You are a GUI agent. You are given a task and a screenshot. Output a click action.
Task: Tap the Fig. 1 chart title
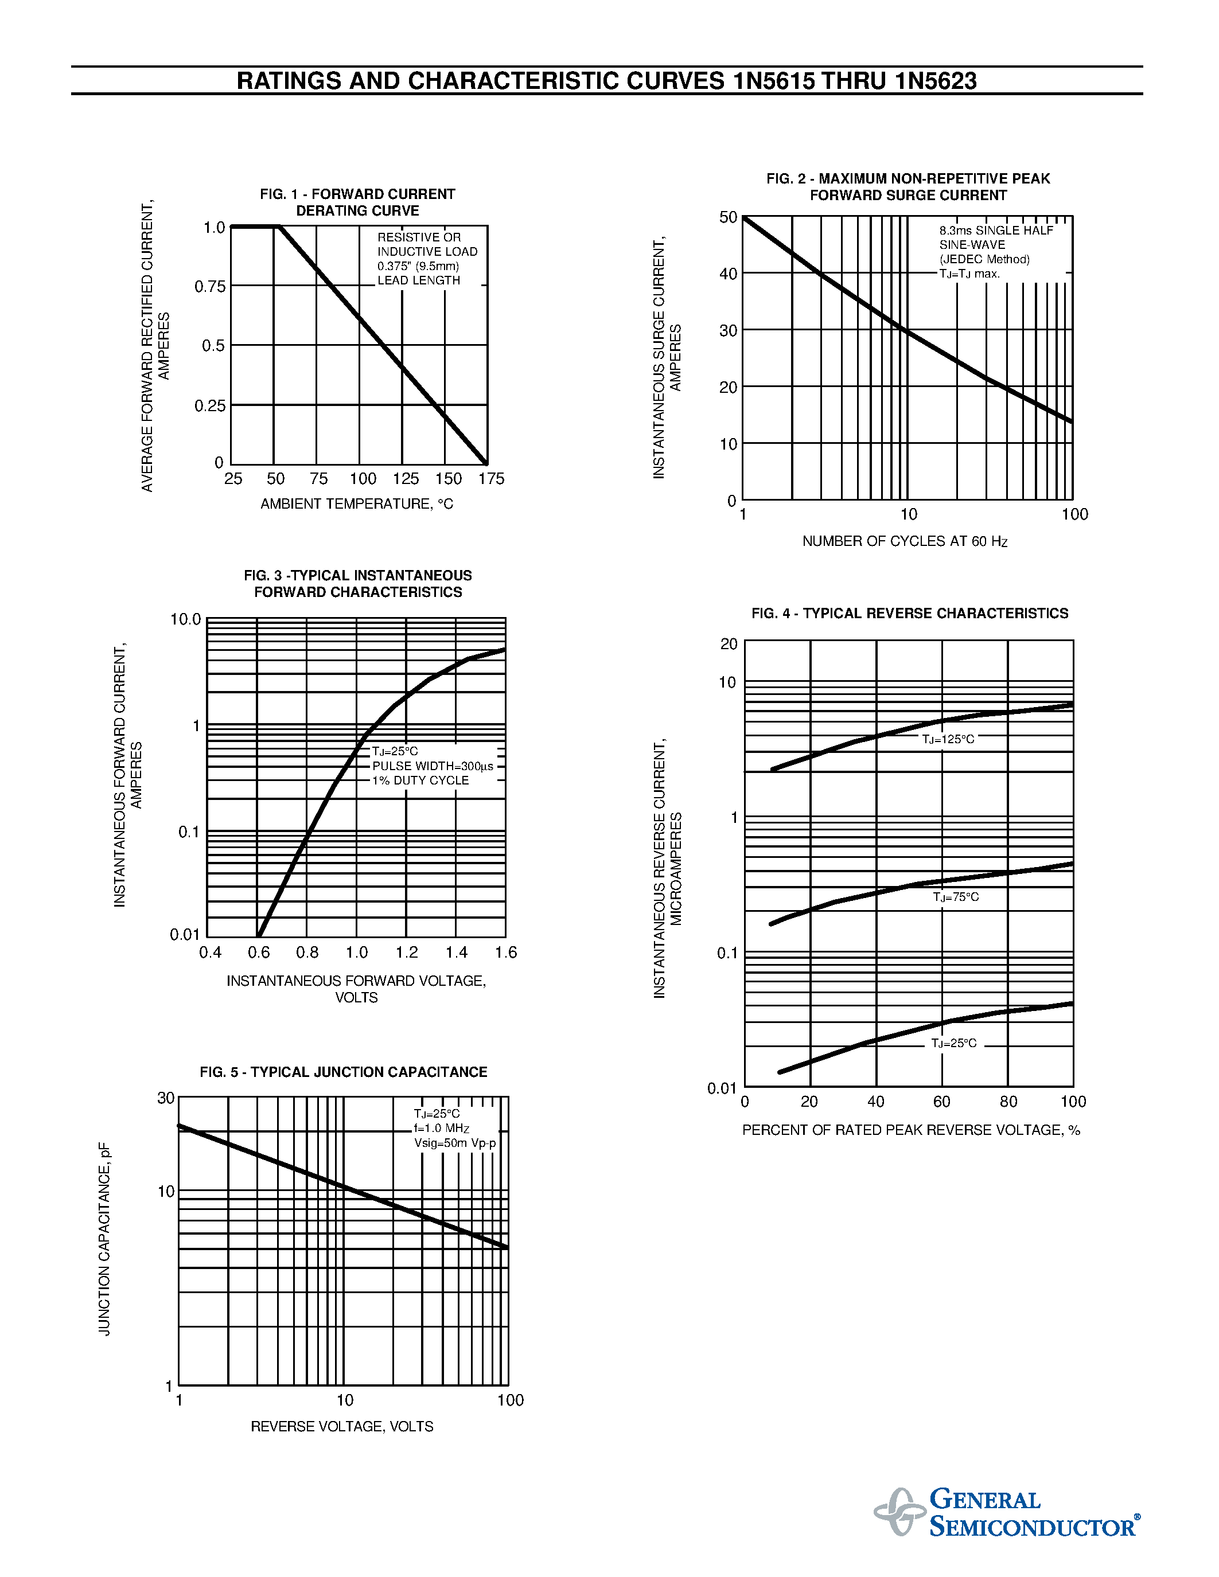[357, 202]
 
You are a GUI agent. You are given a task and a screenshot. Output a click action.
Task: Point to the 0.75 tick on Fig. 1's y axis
[210, 287]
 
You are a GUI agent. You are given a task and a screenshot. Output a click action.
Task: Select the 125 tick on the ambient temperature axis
[405, 479]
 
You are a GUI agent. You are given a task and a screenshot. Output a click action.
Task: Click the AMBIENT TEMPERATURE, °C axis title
[357, 504]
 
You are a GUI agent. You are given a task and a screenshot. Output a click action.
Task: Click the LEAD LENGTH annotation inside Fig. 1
[418, 280]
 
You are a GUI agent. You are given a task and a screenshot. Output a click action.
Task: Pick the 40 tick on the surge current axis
[728, 274]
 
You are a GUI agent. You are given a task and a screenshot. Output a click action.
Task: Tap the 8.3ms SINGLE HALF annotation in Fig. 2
[996, 231]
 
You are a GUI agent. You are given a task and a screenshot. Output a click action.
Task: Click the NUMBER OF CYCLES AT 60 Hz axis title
[904, 541]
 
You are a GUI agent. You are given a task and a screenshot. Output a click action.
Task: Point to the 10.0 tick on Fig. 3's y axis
[186, 619]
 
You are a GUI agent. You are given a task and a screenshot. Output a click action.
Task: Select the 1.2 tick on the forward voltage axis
[407, 953]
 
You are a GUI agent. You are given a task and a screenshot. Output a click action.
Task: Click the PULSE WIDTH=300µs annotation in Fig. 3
[433, 766]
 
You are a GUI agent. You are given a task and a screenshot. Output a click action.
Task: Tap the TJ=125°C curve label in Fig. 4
[948, 739]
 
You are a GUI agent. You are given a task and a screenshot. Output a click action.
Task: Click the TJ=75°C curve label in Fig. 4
[956, 897]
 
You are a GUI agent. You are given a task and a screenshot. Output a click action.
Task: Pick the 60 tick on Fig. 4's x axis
[942, 1101]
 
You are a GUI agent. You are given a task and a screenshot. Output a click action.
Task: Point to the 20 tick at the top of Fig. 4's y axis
[729, 643]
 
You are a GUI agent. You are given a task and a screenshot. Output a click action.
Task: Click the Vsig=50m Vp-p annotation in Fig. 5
[455, 1143]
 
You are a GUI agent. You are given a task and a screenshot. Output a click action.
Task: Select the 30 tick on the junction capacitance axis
[166, 1098]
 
